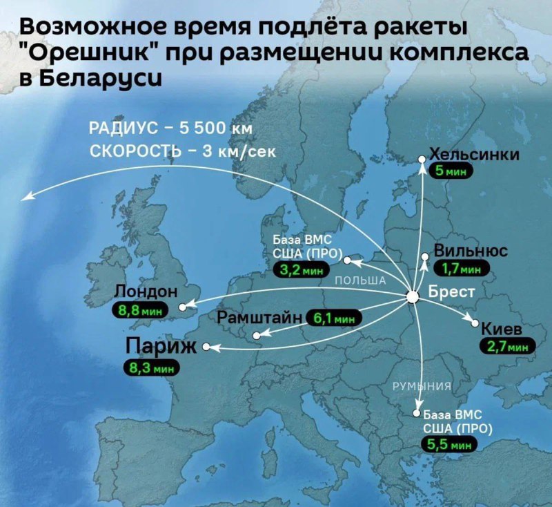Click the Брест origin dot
pyautogui.click(x=413, y=297)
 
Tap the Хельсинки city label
pyautogui.click(x=473, y=155)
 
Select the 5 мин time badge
pyautogui.click(x=450, y=171)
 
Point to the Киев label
pyautogui.click(x=502, y=327)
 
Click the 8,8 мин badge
pyautogui.click(x=144, y=310)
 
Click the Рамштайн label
pyautogui.click(x=260, y=318)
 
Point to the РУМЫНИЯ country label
pyautogui.click(x=422, y=385)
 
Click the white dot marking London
pyautogui.click(x=182, y=306)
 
